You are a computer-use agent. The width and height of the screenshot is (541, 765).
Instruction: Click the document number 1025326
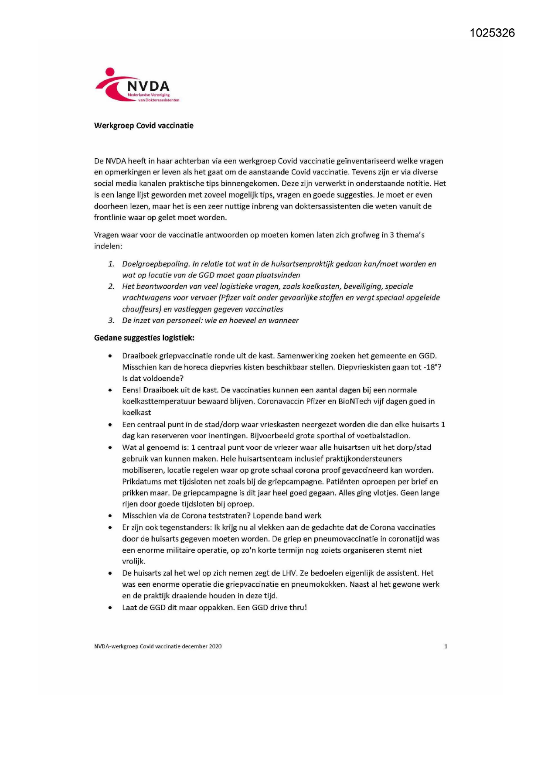492,33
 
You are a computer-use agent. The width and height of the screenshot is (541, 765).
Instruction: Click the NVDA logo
137,85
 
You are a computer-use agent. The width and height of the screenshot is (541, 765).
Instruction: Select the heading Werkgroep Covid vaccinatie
144,126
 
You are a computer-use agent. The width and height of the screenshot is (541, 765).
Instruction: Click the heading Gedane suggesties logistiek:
144,338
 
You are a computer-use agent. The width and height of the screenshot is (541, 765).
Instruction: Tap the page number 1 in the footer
446,646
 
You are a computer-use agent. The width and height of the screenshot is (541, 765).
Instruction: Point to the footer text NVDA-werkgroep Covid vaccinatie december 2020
158,646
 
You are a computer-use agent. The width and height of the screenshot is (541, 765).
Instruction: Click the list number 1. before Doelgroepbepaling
111,264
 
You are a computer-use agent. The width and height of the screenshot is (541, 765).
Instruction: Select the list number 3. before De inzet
111,321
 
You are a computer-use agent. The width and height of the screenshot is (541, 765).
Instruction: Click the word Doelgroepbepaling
155,264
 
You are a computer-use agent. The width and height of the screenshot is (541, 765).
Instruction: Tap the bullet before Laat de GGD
110,608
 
